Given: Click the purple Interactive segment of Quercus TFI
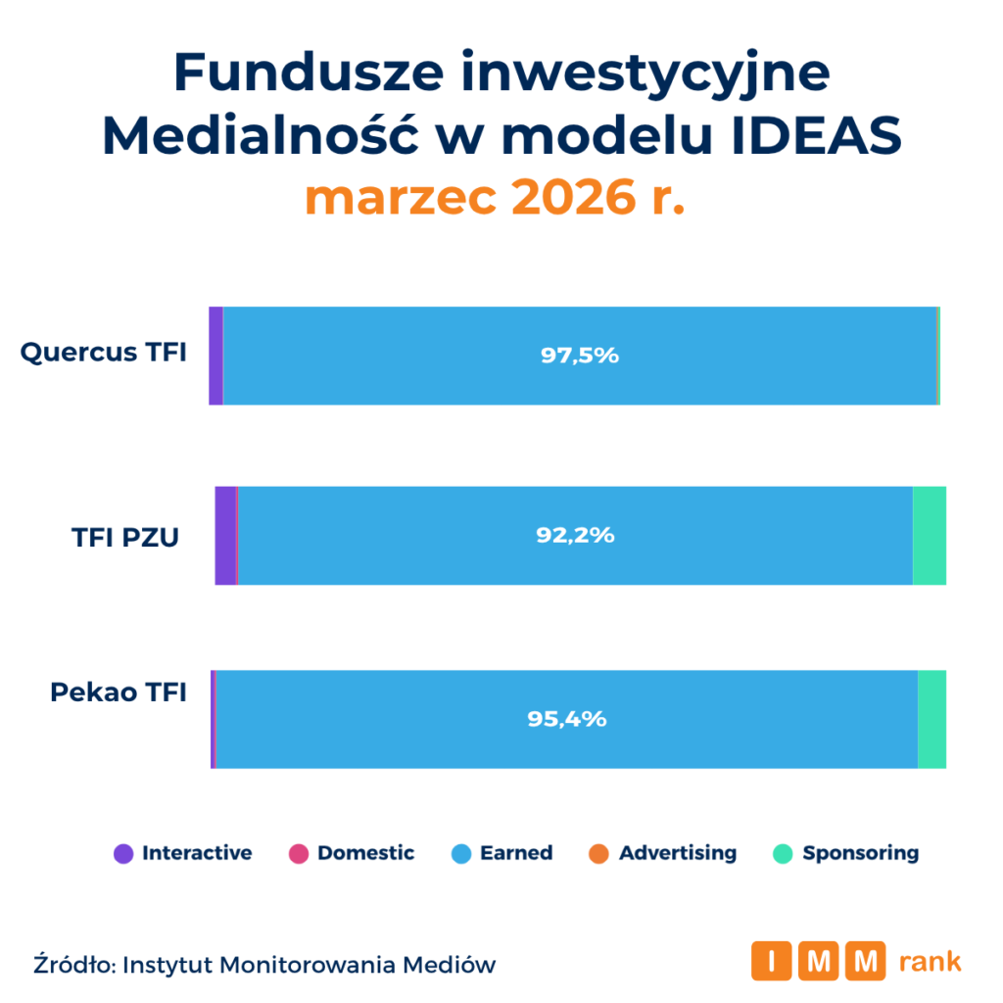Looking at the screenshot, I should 215,356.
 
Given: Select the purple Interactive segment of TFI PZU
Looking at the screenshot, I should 225,536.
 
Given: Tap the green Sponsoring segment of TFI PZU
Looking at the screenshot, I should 929,536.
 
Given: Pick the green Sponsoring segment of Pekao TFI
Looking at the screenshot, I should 931,719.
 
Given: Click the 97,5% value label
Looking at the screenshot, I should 580,356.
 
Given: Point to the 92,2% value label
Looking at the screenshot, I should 575,536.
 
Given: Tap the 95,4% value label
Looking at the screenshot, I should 567,719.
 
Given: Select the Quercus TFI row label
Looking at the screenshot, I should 103,353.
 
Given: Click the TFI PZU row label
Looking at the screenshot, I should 125,537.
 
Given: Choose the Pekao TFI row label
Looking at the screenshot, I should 118,693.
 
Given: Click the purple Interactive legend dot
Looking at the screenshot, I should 123,853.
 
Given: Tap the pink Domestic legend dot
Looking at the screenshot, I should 299,853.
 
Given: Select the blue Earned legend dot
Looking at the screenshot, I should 461,853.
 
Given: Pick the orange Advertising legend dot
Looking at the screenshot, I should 599,853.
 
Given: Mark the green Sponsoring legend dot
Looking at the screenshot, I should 783,853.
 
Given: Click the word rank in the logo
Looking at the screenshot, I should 930,962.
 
